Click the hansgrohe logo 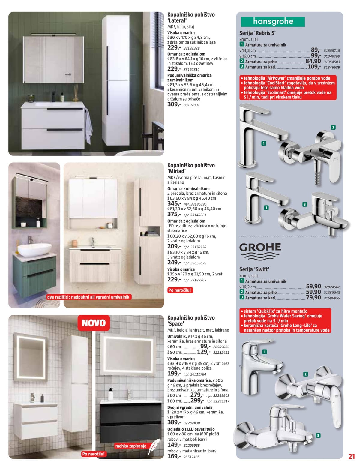(x=273, y=22)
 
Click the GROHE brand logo (x=260, y=251)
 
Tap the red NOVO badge (x=94, y=323)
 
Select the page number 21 (x=351, y=457)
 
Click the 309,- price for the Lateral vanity (x=174, y=104)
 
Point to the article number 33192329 (x=191, y=48)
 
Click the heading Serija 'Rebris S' (x=257, y=33)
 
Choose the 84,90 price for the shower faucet (x=313, y=61)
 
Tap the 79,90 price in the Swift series (x=313, y=298)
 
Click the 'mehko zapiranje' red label (x=131, y=446)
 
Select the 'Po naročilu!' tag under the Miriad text (x=180, y=290)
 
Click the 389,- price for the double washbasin (x=174, y=422)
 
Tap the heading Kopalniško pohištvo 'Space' (x=191, y=320)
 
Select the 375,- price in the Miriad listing (x=174, y=214)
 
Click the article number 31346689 (x=332, y=67)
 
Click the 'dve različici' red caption (x=88, y=297)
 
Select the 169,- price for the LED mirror (x=174, y=456)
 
